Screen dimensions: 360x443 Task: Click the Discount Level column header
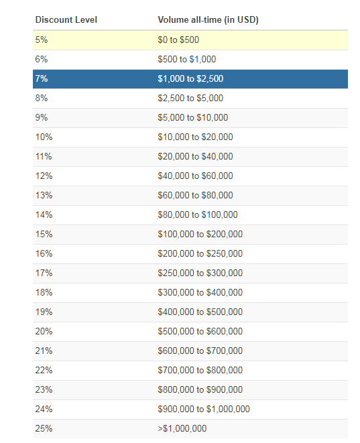point(66,20)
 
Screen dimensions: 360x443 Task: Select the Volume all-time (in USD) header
point(208,20)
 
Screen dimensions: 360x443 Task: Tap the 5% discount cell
point(42,40)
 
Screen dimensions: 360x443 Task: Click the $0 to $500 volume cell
point(178,40)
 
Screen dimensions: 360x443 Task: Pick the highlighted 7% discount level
point(42,78)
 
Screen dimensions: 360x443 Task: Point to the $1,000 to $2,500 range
point(190,78)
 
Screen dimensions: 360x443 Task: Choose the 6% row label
point(42,60)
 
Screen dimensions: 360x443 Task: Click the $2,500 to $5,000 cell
point(190,98)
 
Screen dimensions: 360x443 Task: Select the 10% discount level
point(44,137)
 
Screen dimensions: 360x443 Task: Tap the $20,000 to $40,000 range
point(195,157)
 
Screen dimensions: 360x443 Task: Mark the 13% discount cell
point(44,195)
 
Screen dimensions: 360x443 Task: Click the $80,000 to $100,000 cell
point(198,214)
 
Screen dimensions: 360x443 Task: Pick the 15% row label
point(44,234)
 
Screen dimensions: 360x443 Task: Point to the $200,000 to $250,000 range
point(200,254)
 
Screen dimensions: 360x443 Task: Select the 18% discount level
point(44,292)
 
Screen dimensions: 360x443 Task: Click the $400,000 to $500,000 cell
point(200,312)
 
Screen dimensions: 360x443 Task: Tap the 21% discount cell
point(44,351)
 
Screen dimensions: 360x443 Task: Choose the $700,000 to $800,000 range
point(200,370)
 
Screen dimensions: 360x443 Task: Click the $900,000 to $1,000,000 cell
point(204,409)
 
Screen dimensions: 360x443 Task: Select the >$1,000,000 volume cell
point(182,429)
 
